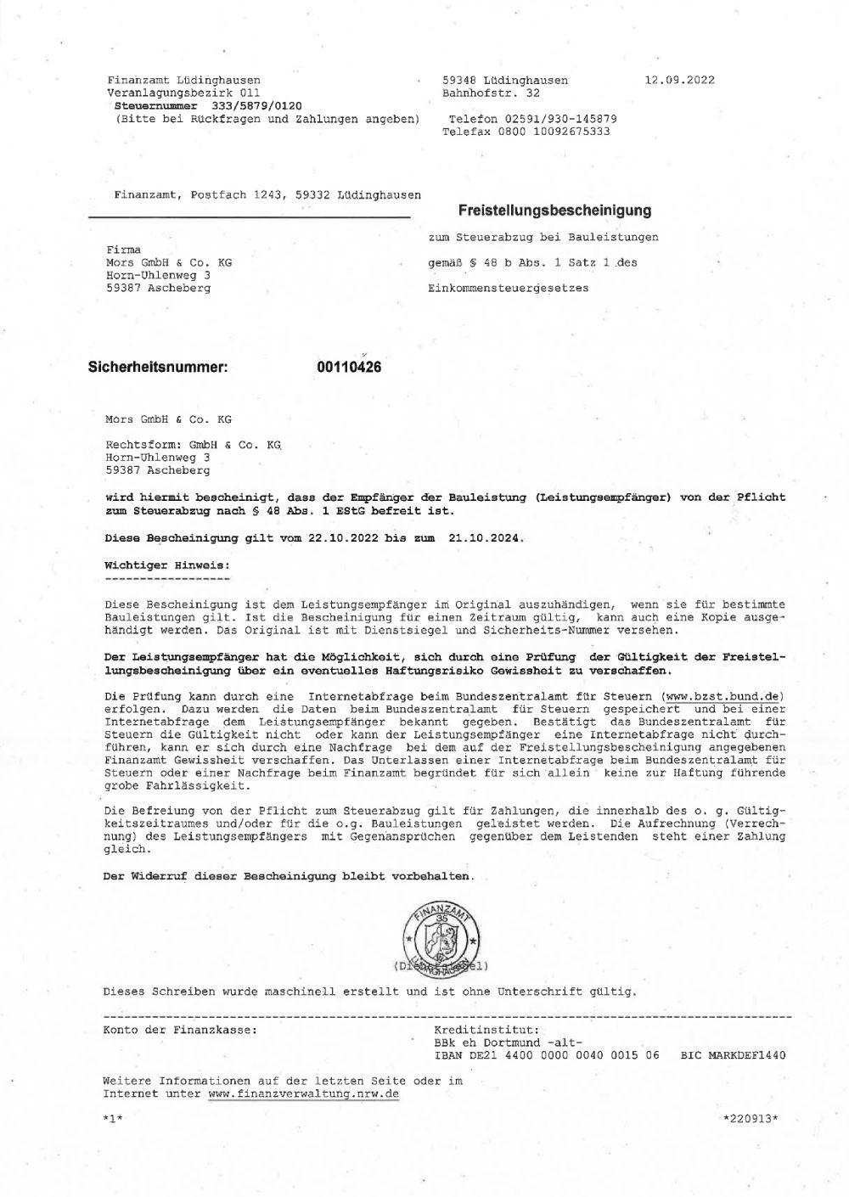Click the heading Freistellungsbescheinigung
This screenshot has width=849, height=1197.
point(554,210)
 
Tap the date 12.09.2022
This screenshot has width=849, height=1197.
point(679,80)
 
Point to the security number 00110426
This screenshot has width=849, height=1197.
point(348,368)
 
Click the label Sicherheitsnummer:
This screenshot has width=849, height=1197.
point(159,368)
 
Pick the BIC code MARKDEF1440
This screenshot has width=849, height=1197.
point(749,1055)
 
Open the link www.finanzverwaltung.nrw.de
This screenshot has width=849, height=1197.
point(303,1094)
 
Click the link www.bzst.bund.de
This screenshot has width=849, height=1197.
point(722,696)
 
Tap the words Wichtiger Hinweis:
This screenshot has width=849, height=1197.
point(166,564)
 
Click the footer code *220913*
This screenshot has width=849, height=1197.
point(749,1118)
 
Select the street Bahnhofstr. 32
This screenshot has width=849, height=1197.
point(491,93)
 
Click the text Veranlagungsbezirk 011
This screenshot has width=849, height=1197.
point(183,93)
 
